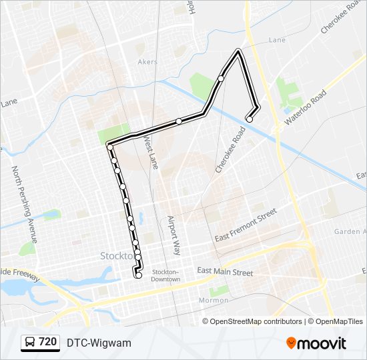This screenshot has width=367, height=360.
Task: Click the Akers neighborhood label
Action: [147, 62]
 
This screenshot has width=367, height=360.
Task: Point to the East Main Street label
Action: [225, 272]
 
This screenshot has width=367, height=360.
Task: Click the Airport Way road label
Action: [174, 235]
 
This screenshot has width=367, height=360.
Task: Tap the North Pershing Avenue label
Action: [24, 203]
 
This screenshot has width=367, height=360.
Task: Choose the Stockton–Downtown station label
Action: [165, 275]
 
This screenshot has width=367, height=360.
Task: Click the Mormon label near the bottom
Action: [214, 300]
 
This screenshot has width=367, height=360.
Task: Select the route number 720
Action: [47, 342]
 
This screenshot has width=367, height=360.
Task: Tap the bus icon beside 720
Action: [30, 343]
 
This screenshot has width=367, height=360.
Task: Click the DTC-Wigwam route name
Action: [99, 343]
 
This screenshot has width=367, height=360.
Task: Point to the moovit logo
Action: [316, 343]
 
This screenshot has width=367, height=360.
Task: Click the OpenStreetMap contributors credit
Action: [256, 321]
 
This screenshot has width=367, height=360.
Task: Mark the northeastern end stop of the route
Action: [250, 119]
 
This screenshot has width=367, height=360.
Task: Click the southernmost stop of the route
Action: [139, 275]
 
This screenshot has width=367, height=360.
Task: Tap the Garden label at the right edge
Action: [350, 231]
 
